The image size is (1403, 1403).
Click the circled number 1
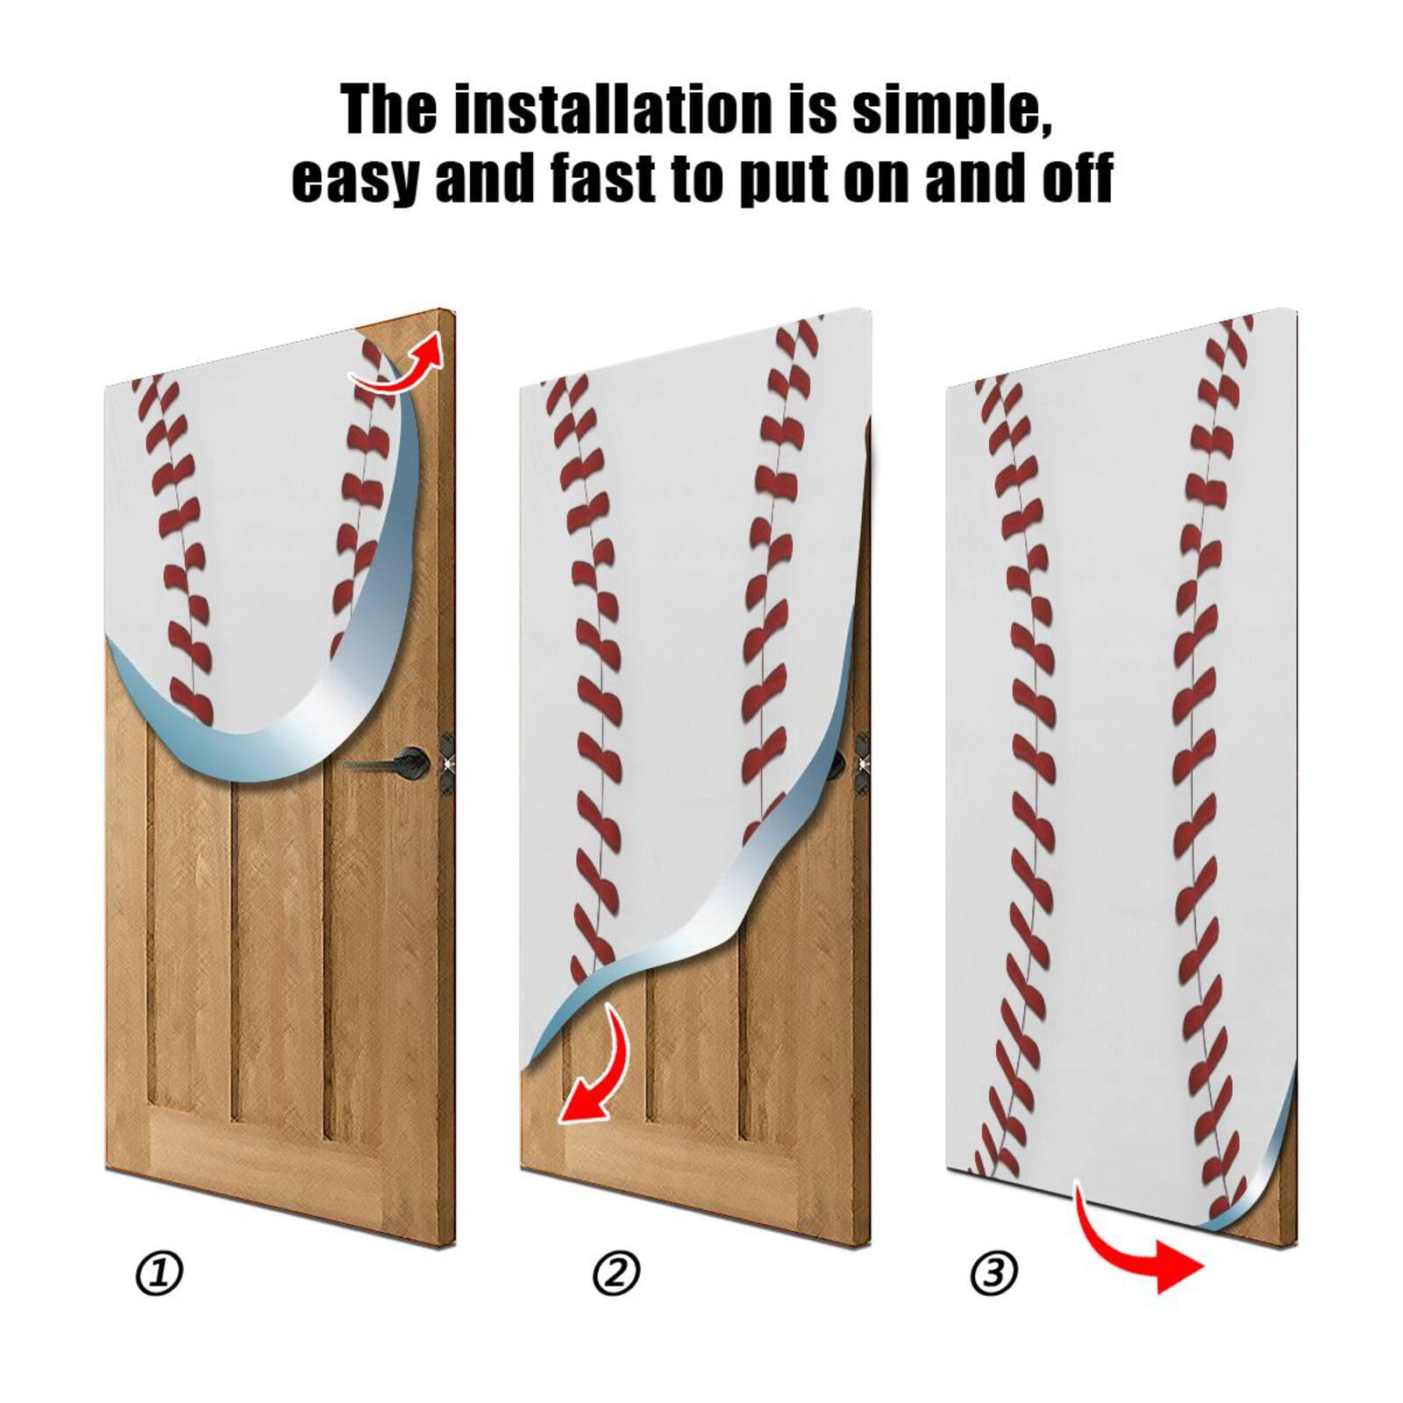pyautogui.click(x=160, y=1272)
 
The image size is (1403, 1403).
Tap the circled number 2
pyautogui.click(x=616, y=1272)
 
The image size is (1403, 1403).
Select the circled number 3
pyautogui.click(x=993, y=1272)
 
